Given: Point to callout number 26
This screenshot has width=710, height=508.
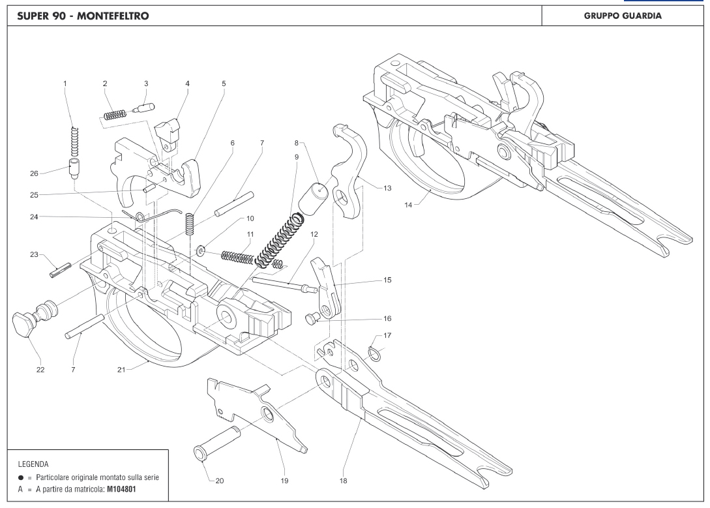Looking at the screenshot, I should [34, 173].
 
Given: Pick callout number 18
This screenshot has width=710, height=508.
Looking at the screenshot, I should [343, 481].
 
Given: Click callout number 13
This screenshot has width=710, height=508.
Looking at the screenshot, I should [387, 188].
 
